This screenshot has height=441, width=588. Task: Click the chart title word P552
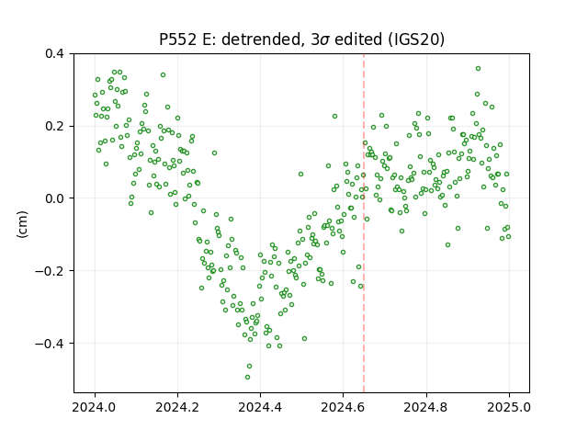pyautogui.click(x=177, y=40)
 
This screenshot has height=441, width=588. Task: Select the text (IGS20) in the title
pyautogui.click(x=416, y=40)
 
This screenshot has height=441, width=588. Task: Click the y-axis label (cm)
pyautogui.click(x=22, y=224)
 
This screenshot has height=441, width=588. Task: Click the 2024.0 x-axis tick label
pyautogui.click(x=95, y=407)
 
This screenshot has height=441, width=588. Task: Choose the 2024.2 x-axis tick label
pyautogui.click(x=177, y=407)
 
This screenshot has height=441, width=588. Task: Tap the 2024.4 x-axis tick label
pyautogui.click(x=260, y=407)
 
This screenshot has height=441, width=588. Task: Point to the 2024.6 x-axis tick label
pyautogui.click(x=343, y=407)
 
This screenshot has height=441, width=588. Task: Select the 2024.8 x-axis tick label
pyautogui.click(x=426, y=407)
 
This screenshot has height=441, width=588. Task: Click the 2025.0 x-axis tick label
pyautogui.click(x=509, y=407)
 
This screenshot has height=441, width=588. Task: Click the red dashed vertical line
pyautogui.click(x=364, y=223)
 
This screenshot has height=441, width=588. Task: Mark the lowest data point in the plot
pyautogui.click(x=247, y=377)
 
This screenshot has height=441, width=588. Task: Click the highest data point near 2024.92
pyautogui.click(x=478, y=69)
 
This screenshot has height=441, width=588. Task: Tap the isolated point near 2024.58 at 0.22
pyautogui.click(x=334, y=117)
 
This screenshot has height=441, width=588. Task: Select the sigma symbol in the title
pyautogui.click(x=325, y=40)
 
